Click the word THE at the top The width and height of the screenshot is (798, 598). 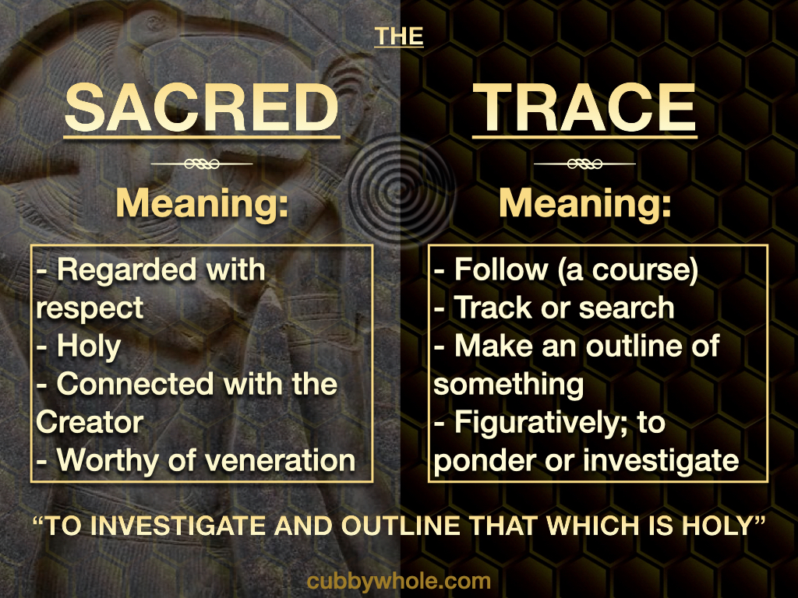coord(398,36)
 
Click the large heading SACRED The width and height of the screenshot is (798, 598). coord(202,107)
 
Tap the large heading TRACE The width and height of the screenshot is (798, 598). coord(584,107)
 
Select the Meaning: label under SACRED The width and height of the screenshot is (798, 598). coord(202,203)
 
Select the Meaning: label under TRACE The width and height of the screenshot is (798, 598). coord(584,203)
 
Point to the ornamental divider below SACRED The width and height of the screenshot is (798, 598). coord(202,164)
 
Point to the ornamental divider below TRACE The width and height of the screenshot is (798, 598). coord(584,164)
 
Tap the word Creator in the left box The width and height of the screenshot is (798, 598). coord(90,423)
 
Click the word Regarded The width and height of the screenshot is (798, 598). coord(127,271)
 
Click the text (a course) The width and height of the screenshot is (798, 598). coord(628,270)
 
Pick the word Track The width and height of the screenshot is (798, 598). coord(493,308)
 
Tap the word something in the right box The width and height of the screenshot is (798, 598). coord(508,385)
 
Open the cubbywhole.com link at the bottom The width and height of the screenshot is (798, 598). coord(399,581)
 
